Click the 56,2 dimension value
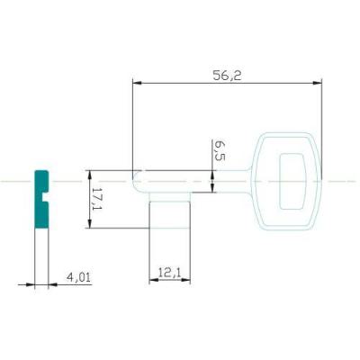point(227,76)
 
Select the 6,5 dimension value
point(220,150)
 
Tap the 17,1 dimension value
point(97,199)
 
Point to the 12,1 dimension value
point(170,273)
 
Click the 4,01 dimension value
point(78,277)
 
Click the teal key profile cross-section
point(41,199)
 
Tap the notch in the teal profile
point(46,197)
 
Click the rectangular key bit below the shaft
point(170,210)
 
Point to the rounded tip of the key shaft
point(135,181)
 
